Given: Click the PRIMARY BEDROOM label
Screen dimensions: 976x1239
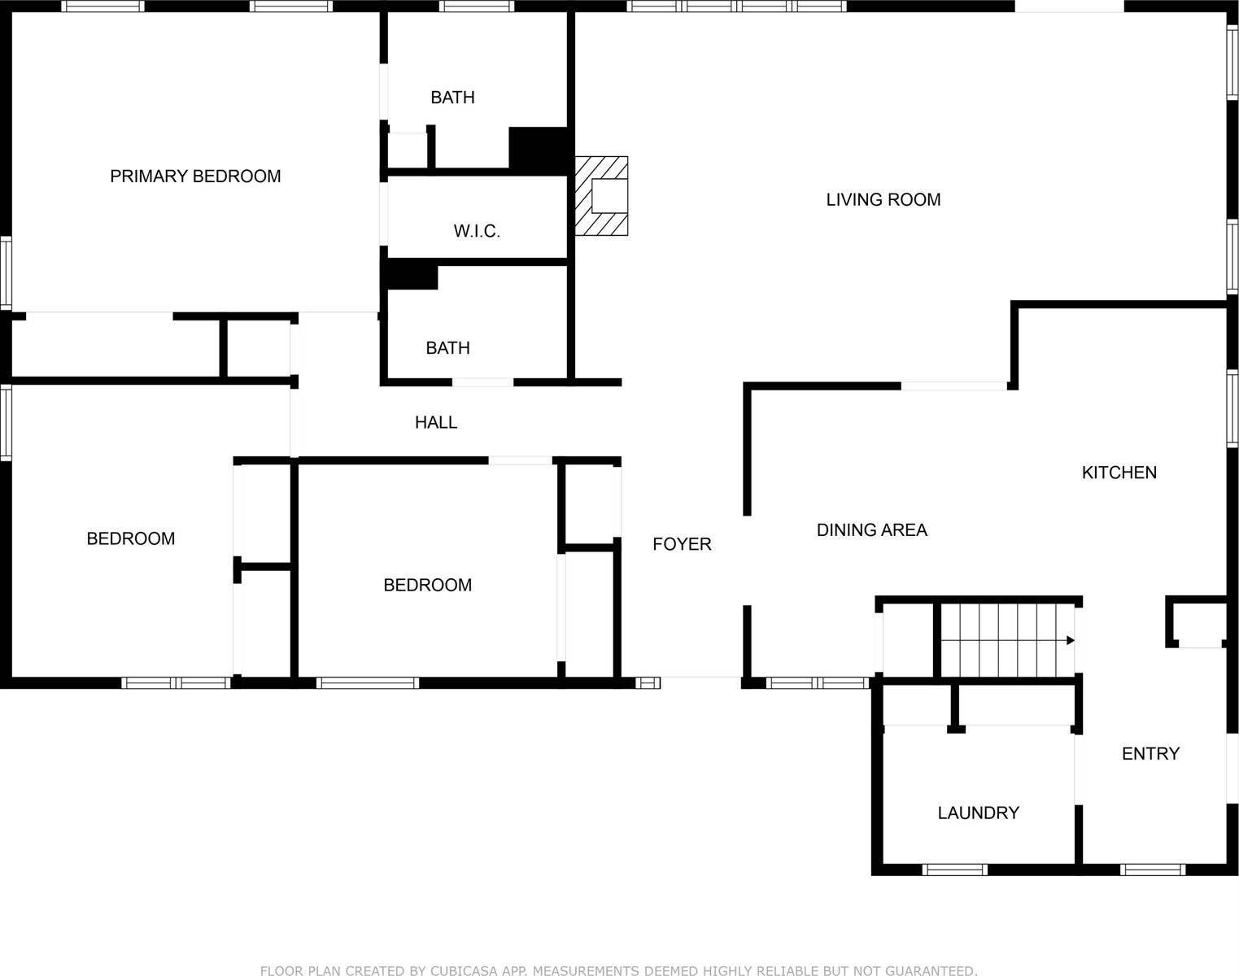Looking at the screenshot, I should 195,176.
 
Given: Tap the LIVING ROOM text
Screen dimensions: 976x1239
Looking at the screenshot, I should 883,199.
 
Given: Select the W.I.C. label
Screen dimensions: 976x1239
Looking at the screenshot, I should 477,231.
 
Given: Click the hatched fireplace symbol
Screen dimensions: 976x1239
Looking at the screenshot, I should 602,196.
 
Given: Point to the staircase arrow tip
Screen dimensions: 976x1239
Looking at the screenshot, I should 1071,640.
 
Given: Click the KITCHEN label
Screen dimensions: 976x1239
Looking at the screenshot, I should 1119,473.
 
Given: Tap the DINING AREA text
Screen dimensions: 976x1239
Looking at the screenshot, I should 871,530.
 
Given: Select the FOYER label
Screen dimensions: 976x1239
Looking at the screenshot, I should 682,544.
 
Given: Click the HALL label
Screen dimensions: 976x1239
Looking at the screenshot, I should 436,422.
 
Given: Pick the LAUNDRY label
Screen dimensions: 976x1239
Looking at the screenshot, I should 978,813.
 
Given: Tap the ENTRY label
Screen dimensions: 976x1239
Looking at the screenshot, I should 1150,754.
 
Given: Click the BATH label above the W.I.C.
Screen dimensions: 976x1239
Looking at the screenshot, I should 452,98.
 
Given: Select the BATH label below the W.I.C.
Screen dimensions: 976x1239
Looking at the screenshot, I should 447,348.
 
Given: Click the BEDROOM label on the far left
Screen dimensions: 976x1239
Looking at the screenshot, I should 130,538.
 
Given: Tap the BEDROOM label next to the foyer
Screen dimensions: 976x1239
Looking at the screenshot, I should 427,585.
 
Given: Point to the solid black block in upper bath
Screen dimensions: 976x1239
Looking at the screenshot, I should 538,150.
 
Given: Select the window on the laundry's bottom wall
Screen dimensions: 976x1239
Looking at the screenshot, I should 955,869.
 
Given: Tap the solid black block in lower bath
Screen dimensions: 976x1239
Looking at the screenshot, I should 412,275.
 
